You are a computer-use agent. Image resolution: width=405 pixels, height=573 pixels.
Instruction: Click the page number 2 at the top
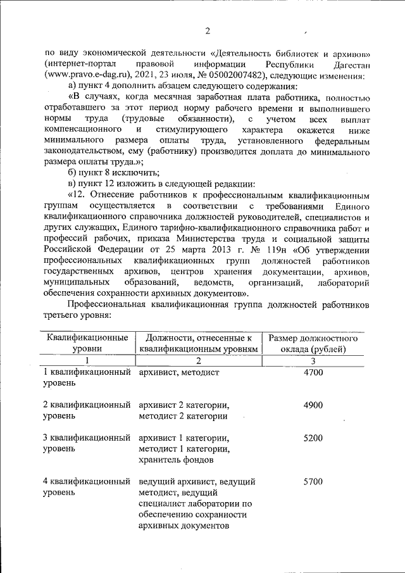207,31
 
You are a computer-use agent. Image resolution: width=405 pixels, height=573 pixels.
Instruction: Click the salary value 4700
313,372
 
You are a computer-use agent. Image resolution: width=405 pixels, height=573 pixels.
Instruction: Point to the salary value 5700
313,482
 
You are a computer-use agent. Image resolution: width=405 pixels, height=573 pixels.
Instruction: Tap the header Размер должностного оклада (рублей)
313,343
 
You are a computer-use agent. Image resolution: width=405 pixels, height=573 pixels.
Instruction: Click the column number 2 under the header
198,360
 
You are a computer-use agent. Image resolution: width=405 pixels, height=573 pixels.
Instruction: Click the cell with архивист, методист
178,372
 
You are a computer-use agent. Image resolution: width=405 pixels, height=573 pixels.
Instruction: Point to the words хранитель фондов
174,460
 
